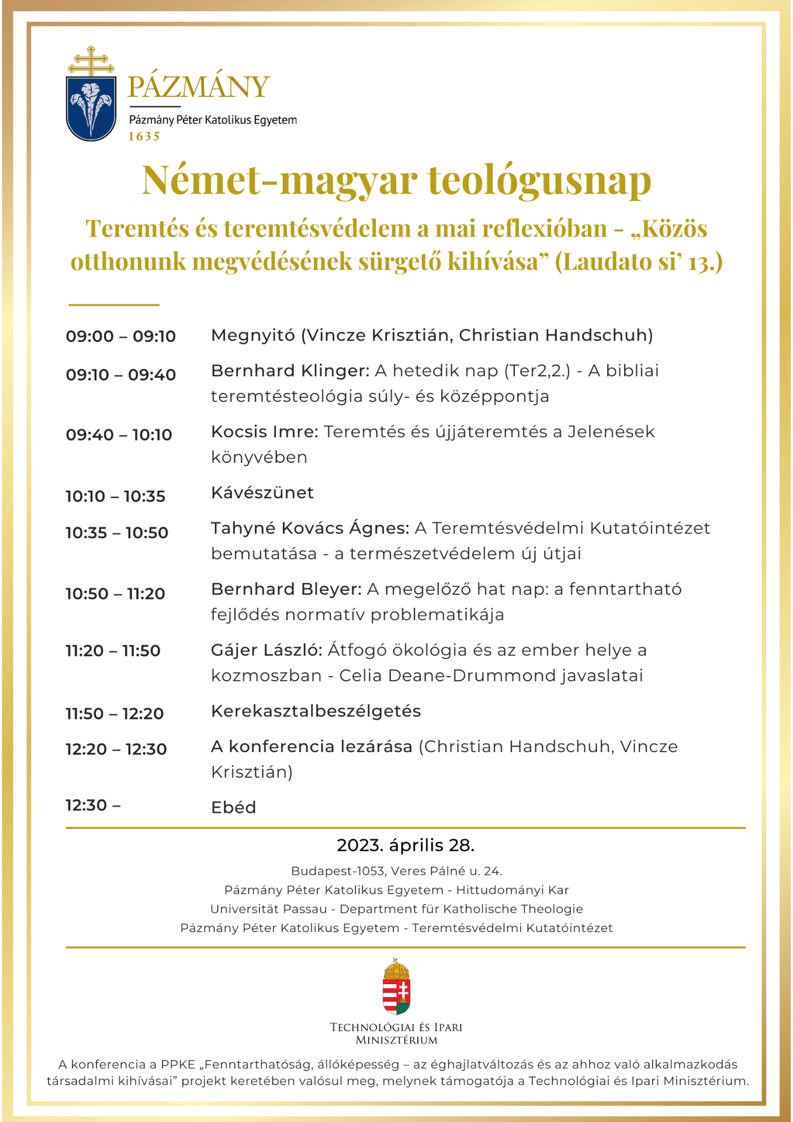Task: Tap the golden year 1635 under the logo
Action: pyautogui.click(x=144, y=137)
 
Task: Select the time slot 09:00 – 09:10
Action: pyautogui.click(x=120, y=337)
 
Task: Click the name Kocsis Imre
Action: pyautogui.click(x=264, y=432)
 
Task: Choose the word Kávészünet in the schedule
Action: pyautogui.click(x=262, y=493)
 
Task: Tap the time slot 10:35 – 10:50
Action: pyautogui.click(x=117, y=533)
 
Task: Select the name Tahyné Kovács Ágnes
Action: pyautogui.click(x=310, y=528)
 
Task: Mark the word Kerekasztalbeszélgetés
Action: pyautogui.click(x=316, y=711)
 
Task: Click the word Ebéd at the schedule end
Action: pyautogui.click(x=234, y=808)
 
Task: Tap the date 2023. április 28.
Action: pyautogui.click(x=405, y=846)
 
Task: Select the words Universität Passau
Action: pyautogui.click(x=268, y=909)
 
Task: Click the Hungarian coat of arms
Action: pyautogui.click(x=396, y=987)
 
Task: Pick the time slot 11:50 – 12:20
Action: pyautogui.click(x=115, y=714)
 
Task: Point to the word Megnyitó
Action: pyautogui.click(x=253, y=335)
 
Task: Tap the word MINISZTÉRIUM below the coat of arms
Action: pyautogui.click(x=396, y=1040)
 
